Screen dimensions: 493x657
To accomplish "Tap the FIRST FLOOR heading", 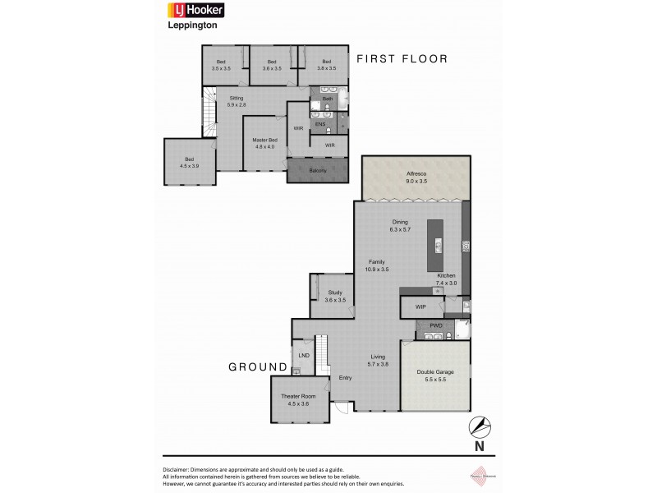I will [402, 58].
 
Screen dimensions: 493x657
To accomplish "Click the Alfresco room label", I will [417, 177].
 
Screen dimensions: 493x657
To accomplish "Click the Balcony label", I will [318, 171].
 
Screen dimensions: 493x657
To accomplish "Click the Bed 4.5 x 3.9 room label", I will [190, 163].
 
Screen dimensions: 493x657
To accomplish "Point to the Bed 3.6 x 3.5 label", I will [271, 66].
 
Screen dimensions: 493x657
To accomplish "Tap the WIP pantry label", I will [420, 306].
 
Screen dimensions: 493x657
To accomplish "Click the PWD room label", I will [436, 325].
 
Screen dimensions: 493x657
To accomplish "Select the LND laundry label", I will [304, 355].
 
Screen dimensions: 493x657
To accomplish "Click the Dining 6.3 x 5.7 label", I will [401, 224].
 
